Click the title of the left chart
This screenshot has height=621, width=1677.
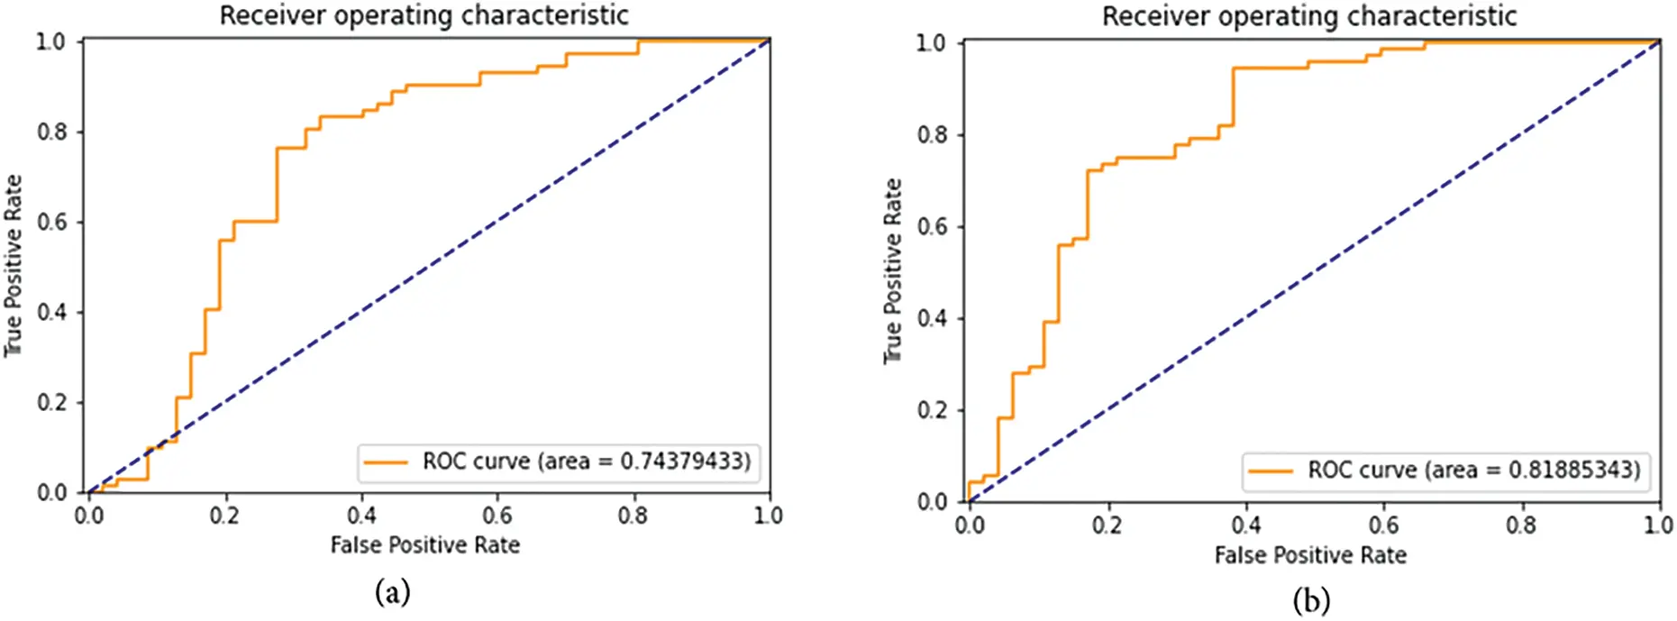pyautogui.click(x=424, y=16)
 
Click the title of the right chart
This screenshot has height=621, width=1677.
pyautogui.click(x=1309, y=16)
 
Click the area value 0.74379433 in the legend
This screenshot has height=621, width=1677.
pyautogui.click(x=685, y=461)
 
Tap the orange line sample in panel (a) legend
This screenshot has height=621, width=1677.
pyautogui.click(x=387, y=462)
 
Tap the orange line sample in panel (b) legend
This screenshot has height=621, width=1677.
pyautogui.click(x=1271, y=470)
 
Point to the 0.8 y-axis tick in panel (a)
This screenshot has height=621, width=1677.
pyautogui.click(x=51, y=132)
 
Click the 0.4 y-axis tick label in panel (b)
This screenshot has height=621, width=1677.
pyautogui.click(x=932, y=318)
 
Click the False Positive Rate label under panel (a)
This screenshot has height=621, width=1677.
pyautogui.click(x=424, y=545)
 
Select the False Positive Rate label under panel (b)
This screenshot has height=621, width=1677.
pyautogui.click(x=1309, y=555)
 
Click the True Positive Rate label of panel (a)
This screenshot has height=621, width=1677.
pyautogui.click(x=13, y=266)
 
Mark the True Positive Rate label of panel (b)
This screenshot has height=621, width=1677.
pyautogui.click(x=892, y=270)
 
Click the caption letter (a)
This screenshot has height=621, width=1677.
pyautogui.click(x=392, y=592)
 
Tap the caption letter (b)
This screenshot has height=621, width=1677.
pyautogui.click(x=1310, y=599)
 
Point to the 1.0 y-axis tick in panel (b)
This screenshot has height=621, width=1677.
pyautogui.click(x=932, y=43)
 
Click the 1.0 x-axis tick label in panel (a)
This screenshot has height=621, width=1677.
pyautogui.click(x=768, y=516)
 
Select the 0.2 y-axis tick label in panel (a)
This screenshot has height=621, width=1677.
pyautogui.click(x=51, y=403)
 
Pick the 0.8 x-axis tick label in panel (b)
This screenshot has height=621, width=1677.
pyautogui.click(x=1521, y=525)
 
